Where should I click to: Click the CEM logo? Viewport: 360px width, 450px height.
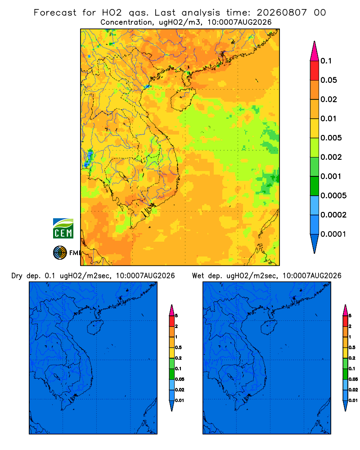[x=63, y=229]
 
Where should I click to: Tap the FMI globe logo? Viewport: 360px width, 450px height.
[x=60, y=253]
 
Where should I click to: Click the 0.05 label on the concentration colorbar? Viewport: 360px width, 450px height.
[x=328, y=80]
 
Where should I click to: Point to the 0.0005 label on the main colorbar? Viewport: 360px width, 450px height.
[x=333, y=196]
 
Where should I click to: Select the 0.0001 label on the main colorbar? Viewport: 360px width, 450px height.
[x=333, y=234]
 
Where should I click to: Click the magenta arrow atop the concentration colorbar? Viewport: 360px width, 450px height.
[x=315, y=51]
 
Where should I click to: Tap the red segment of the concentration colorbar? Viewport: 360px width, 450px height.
[x=315, y=70]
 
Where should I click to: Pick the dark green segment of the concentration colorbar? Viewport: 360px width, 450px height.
[x=315, y=186]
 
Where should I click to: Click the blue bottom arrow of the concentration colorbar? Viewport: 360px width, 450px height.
[x=315, y=244]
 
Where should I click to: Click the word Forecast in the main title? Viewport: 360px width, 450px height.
[x=55, y=13]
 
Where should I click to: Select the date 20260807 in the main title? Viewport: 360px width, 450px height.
[x=282, y=13]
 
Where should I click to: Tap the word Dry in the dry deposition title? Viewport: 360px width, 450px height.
[x=17, y=276]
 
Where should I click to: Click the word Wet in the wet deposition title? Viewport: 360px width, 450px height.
[x=198, y=276]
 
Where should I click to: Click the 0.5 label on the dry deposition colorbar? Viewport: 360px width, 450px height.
[x=178, y=347]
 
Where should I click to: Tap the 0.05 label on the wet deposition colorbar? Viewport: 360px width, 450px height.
[x=353, y=379]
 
